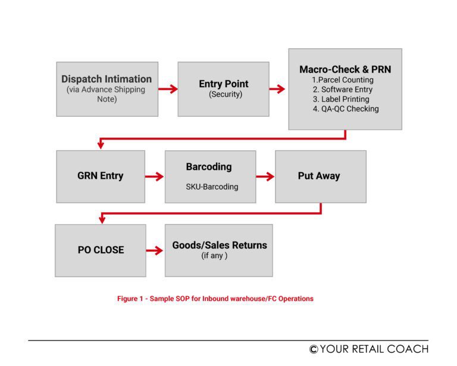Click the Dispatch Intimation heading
[107, 79]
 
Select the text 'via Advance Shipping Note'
[107, 94]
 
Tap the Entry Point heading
[224, 84]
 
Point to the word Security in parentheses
[224, 95]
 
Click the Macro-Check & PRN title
[345, 70]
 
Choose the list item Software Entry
[345, 89]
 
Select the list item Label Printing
[345, 99]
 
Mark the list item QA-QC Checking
[346, 108]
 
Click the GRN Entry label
[101, 176]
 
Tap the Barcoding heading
[209, 167]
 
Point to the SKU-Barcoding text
[212, 187]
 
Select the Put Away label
[319, 176]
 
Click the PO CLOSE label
[101, 250]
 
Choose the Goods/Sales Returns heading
[220, 245]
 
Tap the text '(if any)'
[214, 256]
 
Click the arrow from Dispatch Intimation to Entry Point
[168, 89]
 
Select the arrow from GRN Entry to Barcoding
[155, 176]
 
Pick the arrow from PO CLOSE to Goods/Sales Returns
[155, 250]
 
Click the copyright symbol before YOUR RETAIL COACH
[313, 349]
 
